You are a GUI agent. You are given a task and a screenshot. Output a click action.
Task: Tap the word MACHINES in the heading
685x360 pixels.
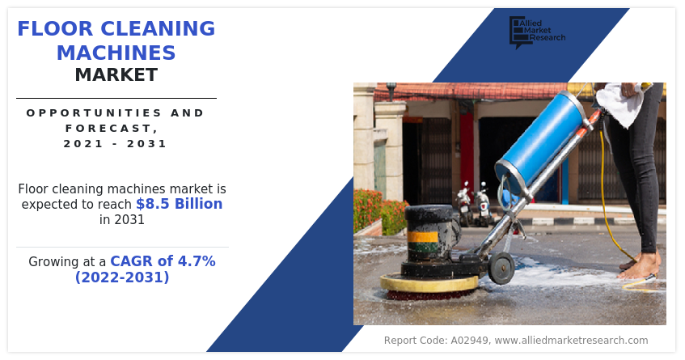click(116, 53)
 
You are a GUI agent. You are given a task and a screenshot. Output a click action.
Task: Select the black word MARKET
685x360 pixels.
click(116, 75)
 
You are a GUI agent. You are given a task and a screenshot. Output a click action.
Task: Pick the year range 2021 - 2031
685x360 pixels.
click(116, 143)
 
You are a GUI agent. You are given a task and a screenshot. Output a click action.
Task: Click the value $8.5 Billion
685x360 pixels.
click(180, 204)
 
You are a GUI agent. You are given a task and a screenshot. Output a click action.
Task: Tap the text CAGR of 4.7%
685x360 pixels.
click(163, 261)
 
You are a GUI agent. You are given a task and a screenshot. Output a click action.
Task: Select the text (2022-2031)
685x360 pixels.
click(122, 277)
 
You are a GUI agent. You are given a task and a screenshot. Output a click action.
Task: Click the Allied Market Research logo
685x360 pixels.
click(536, 32)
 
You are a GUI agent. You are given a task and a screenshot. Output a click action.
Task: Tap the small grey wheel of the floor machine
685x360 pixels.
click(501, 267)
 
